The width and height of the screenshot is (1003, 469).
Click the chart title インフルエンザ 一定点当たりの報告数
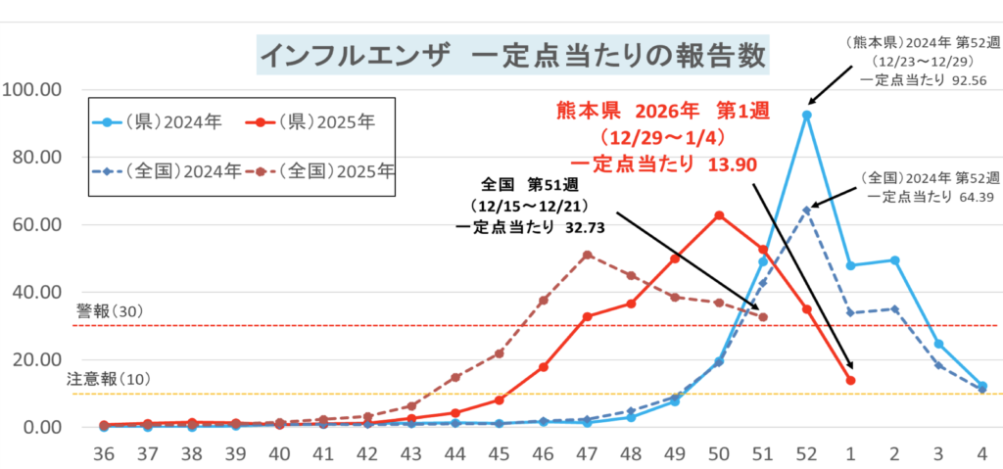click(512, 55)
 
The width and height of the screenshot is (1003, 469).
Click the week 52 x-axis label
click(806, 455)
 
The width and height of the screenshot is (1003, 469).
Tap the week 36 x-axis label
click(104, 455)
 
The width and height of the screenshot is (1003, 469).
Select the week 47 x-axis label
click(587, 455)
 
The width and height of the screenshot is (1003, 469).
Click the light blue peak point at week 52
click(806, 115)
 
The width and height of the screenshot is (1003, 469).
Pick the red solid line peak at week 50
click(719, 214)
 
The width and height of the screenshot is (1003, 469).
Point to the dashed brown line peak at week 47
click(587, 255)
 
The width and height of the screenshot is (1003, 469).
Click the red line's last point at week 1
click(850, 380)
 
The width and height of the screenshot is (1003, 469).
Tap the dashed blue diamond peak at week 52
click(806, 210)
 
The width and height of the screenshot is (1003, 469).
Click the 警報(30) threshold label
click(110, 311)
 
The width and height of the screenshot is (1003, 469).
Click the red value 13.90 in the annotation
click(731, 164)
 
